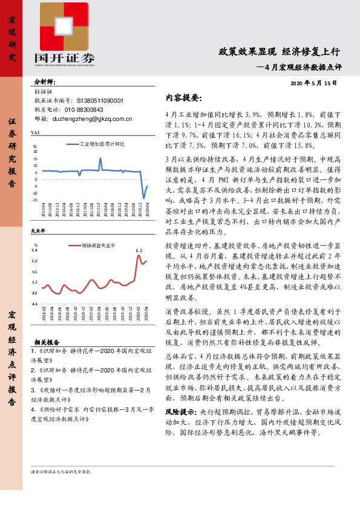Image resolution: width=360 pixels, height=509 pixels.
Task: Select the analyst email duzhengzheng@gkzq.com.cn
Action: pos(93,119)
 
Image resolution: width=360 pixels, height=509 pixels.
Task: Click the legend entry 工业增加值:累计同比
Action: pos(102,145)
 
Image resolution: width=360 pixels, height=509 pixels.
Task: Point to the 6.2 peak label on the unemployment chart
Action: pos(139,250)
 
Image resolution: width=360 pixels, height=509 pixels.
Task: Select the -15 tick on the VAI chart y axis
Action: pos(34,199)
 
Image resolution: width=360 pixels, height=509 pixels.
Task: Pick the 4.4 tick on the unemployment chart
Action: pos(34,303)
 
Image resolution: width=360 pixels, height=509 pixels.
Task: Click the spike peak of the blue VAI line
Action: pos(100,158)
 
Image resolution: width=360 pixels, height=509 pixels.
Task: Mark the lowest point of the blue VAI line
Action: pos(143,198)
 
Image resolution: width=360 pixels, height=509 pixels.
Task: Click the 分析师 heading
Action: pos(44,80)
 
